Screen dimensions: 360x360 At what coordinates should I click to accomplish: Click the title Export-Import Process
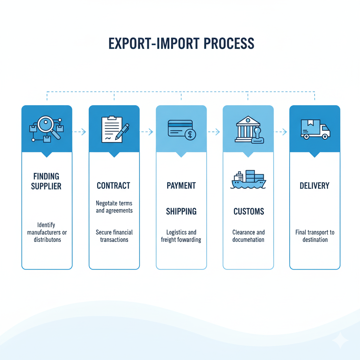pos(181,43)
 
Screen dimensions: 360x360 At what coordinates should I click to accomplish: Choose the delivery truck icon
pos(315,129)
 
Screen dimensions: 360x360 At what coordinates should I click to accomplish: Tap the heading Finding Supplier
pos(47,181)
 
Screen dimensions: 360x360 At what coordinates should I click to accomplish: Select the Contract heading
pos(114,185)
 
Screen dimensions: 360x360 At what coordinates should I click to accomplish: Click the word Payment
pos(181,185)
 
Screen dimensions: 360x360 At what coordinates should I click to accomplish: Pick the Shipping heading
pos(181,211)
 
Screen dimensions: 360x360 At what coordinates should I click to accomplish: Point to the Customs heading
pos(249,211)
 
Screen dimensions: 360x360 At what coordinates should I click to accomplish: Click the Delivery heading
pos(315,185)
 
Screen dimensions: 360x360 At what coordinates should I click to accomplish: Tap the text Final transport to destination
pos(315,236)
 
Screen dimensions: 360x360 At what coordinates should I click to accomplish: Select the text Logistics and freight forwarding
pos(181,236)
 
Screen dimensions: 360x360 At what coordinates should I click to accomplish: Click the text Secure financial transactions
pos(114,236)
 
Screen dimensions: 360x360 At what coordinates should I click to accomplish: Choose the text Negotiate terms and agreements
pos(114,207)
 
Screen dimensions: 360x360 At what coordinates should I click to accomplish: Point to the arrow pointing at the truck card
pos(281,132)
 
